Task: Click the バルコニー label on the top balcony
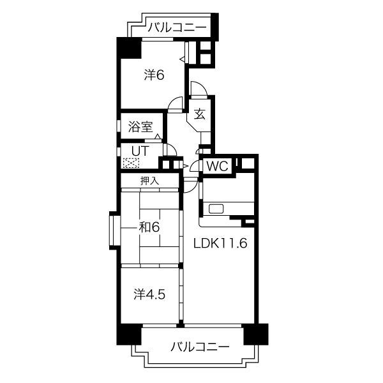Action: [x=177, y=27]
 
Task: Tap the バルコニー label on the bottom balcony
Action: [x=200, y=347]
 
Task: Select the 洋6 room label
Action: [x=154, y=75]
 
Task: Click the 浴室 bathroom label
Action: [x=140, y=126]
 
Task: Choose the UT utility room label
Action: [x=140, y=150]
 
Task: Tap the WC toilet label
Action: [x=218, y=167]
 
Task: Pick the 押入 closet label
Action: [x=149, y=181]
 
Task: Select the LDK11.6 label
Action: [x=220, y=243]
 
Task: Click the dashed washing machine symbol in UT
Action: [x=131, y=163]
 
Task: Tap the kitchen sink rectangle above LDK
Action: [x=214, y=208]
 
